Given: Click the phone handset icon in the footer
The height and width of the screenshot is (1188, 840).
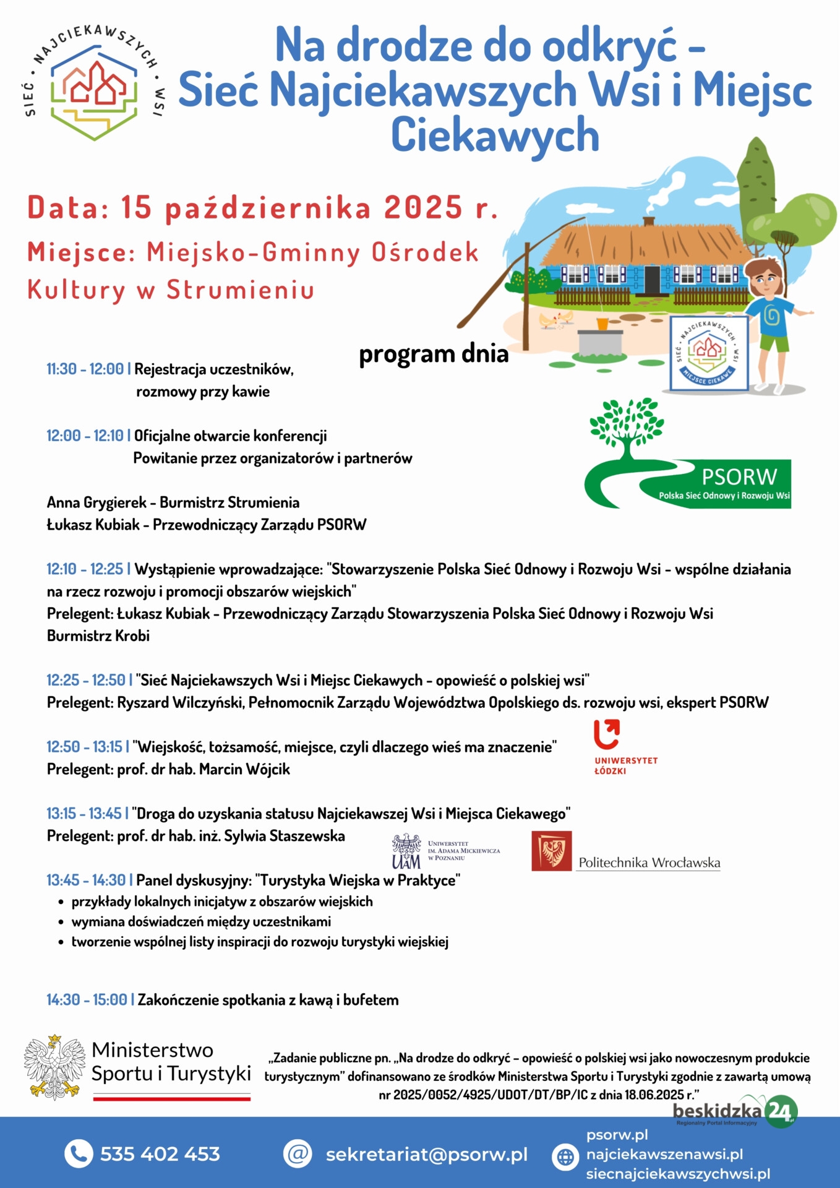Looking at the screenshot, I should tap(78, 1154).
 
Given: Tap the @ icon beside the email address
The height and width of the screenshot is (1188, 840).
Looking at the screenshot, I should tap(298, 1154).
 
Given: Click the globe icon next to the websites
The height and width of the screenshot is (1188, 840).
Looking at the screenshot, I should tap(565, 1156).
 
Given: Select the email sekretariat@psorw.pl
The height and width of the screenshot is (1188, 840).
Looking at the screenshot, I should tap(426, 1155).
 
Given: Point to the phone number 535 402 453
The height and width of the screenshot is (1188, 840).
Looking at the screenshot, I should tap(160, 1154).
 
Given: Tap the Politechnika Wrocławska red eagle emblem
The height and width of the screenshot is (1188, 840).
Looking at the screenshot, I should tap(551, 851).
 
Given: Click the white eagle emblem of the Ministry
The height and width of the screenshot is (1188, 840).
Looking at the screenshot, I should tap(54, 1067).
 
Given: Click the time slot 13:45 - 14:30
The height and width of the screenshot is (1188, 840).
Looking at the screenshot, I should tap(86, 880).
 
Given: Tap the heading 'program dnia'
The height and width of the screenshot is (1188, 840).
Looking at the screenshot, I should tap(434, 354).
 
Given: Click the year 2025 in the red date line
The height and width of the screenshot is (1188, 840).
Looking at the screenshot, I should tap(422, 208).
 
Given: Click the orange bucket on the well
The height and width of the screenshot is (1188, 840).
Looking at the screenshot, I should tap(602, 324).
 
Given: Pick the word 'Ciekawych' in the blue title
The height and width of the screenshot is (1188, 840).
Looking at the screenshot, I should tap(495, 136).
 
